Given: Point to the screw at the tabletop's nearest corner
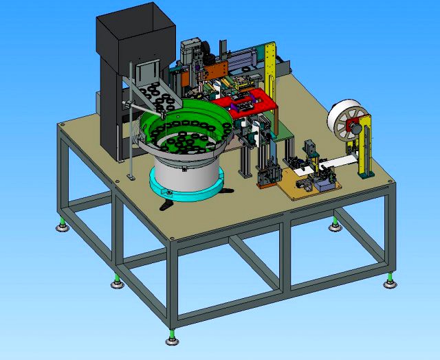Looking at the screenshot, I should [x=170, y=238].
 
